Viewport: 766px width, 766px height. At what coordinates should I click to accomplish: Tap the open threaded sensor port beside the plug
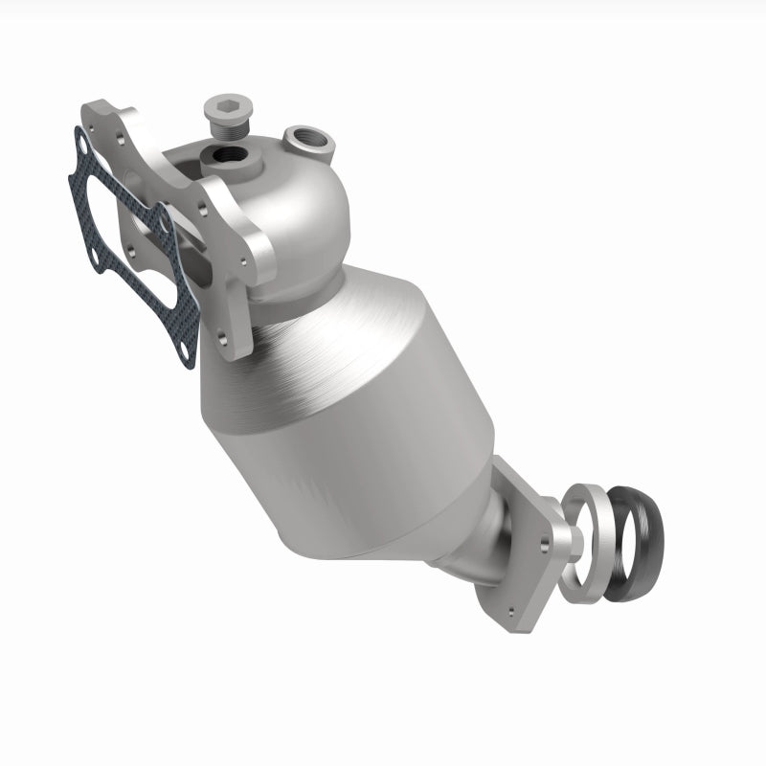pos(311,141)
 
